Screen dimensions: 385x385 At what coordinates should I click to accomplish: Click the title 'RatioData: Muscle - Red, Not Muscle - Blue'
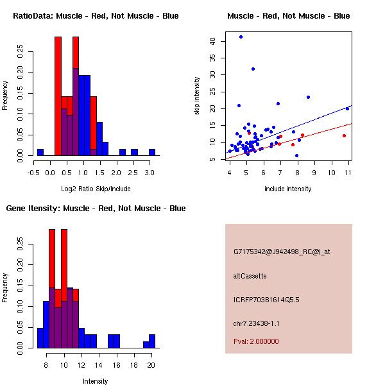point(96,15)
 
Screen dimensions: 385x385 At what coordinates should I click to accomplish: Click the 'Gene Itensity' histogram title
point(96,209)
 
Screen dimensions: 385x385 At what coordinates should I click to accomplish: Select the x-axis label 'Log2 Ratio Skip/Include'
point(96,189)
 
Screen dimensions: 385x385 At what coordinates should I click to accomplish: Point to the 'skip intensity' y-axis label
point(197,96)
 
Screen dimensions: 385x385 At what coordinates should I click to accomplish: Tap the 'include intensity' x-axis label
point(288,189)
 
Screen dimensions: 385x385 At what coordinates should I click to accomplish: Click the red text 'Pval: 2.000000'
point(256,341)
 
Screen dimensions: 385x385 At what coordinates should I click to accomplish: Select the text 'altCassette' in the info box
point(250,276)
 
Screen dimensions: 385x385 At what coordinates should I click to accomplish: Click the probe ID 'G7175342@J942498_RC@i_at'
point(282,252)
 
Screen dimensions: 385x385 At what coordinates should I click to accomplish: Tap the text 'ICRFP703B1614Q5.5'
point(266,300)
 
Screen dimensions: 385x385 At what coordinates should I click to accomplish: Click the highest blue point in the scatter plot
point(241,37)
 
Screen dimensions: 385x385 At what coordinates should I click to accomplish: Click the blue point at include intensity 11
point(347,108)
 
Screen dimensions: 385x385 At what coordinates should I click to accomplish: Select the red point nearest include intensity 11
point(344,135)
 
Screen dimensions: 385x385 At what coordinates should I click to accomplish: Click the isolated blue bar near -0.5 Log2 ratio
point(40,152)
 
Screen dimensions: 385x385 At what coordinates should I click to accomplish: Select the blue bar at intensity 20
point(152,341)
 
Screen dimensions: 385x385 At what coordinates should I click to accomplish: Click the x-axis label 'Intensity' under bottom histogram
point(96,381)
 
